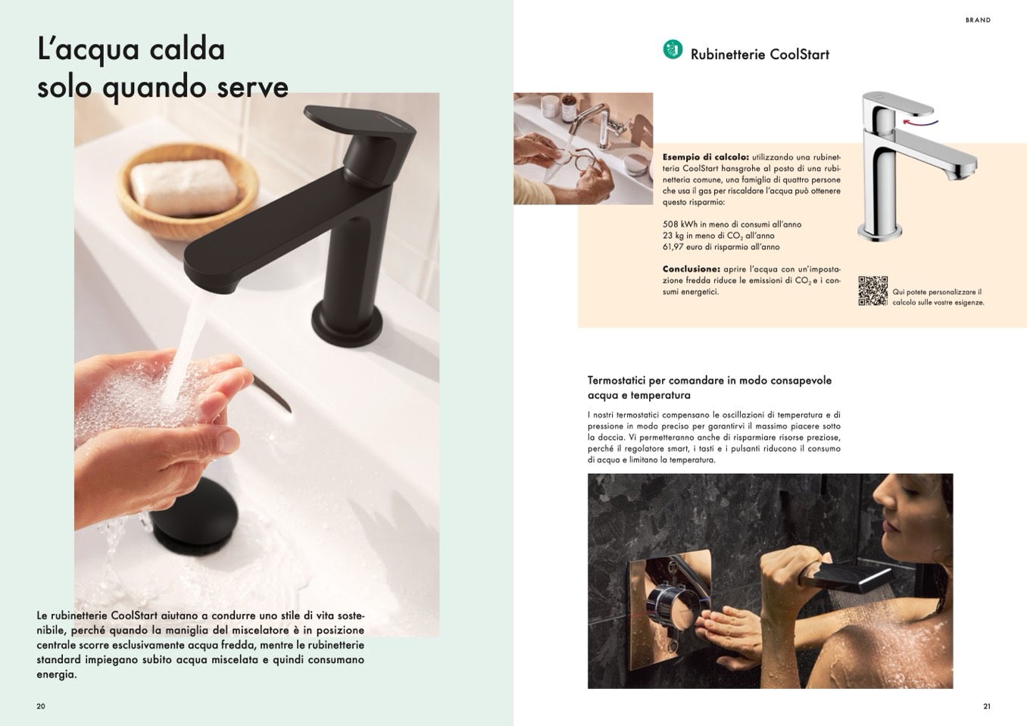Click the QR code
point(873,291)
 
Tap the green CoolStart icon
point(673,49)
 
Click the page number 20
point(41,706)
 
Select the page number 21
point(987,706)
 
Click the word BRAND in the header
point(978,20)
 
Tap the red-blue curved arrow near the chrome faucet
point(920,122)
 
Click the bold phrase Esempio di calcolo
point(706,157)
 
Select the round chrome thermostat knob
point(673,606)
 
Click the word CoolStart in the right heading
point(800,55)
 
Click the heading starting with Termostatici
point(709,388)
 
